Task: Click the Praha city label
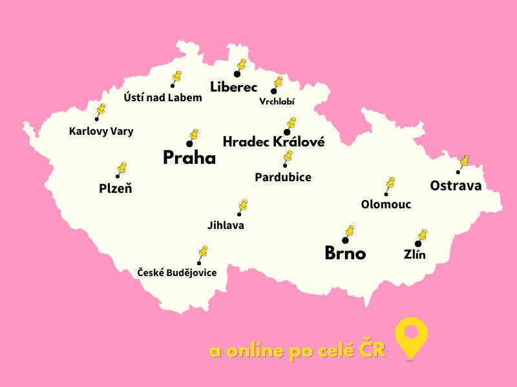pos(189,158)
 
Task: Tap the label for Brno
pos(345,253)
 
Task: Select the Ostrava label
pos(456,186)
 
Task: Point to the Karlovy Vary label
pos(101,132)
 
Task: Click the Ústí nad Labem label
pos(163,98)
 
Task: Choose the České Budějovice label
pos(177,273)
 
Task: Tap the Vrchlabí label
pos(277,101)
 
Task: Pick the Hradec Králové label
pos(273,142)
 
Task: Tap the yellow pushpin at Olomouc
pos(390,184)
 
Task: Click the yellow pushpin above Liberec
pos(242,66)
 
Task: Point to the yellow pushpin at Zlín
pos(422,235)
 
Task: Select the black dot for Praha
pos(189,144)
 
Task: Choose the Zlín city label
pos(414,255)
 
